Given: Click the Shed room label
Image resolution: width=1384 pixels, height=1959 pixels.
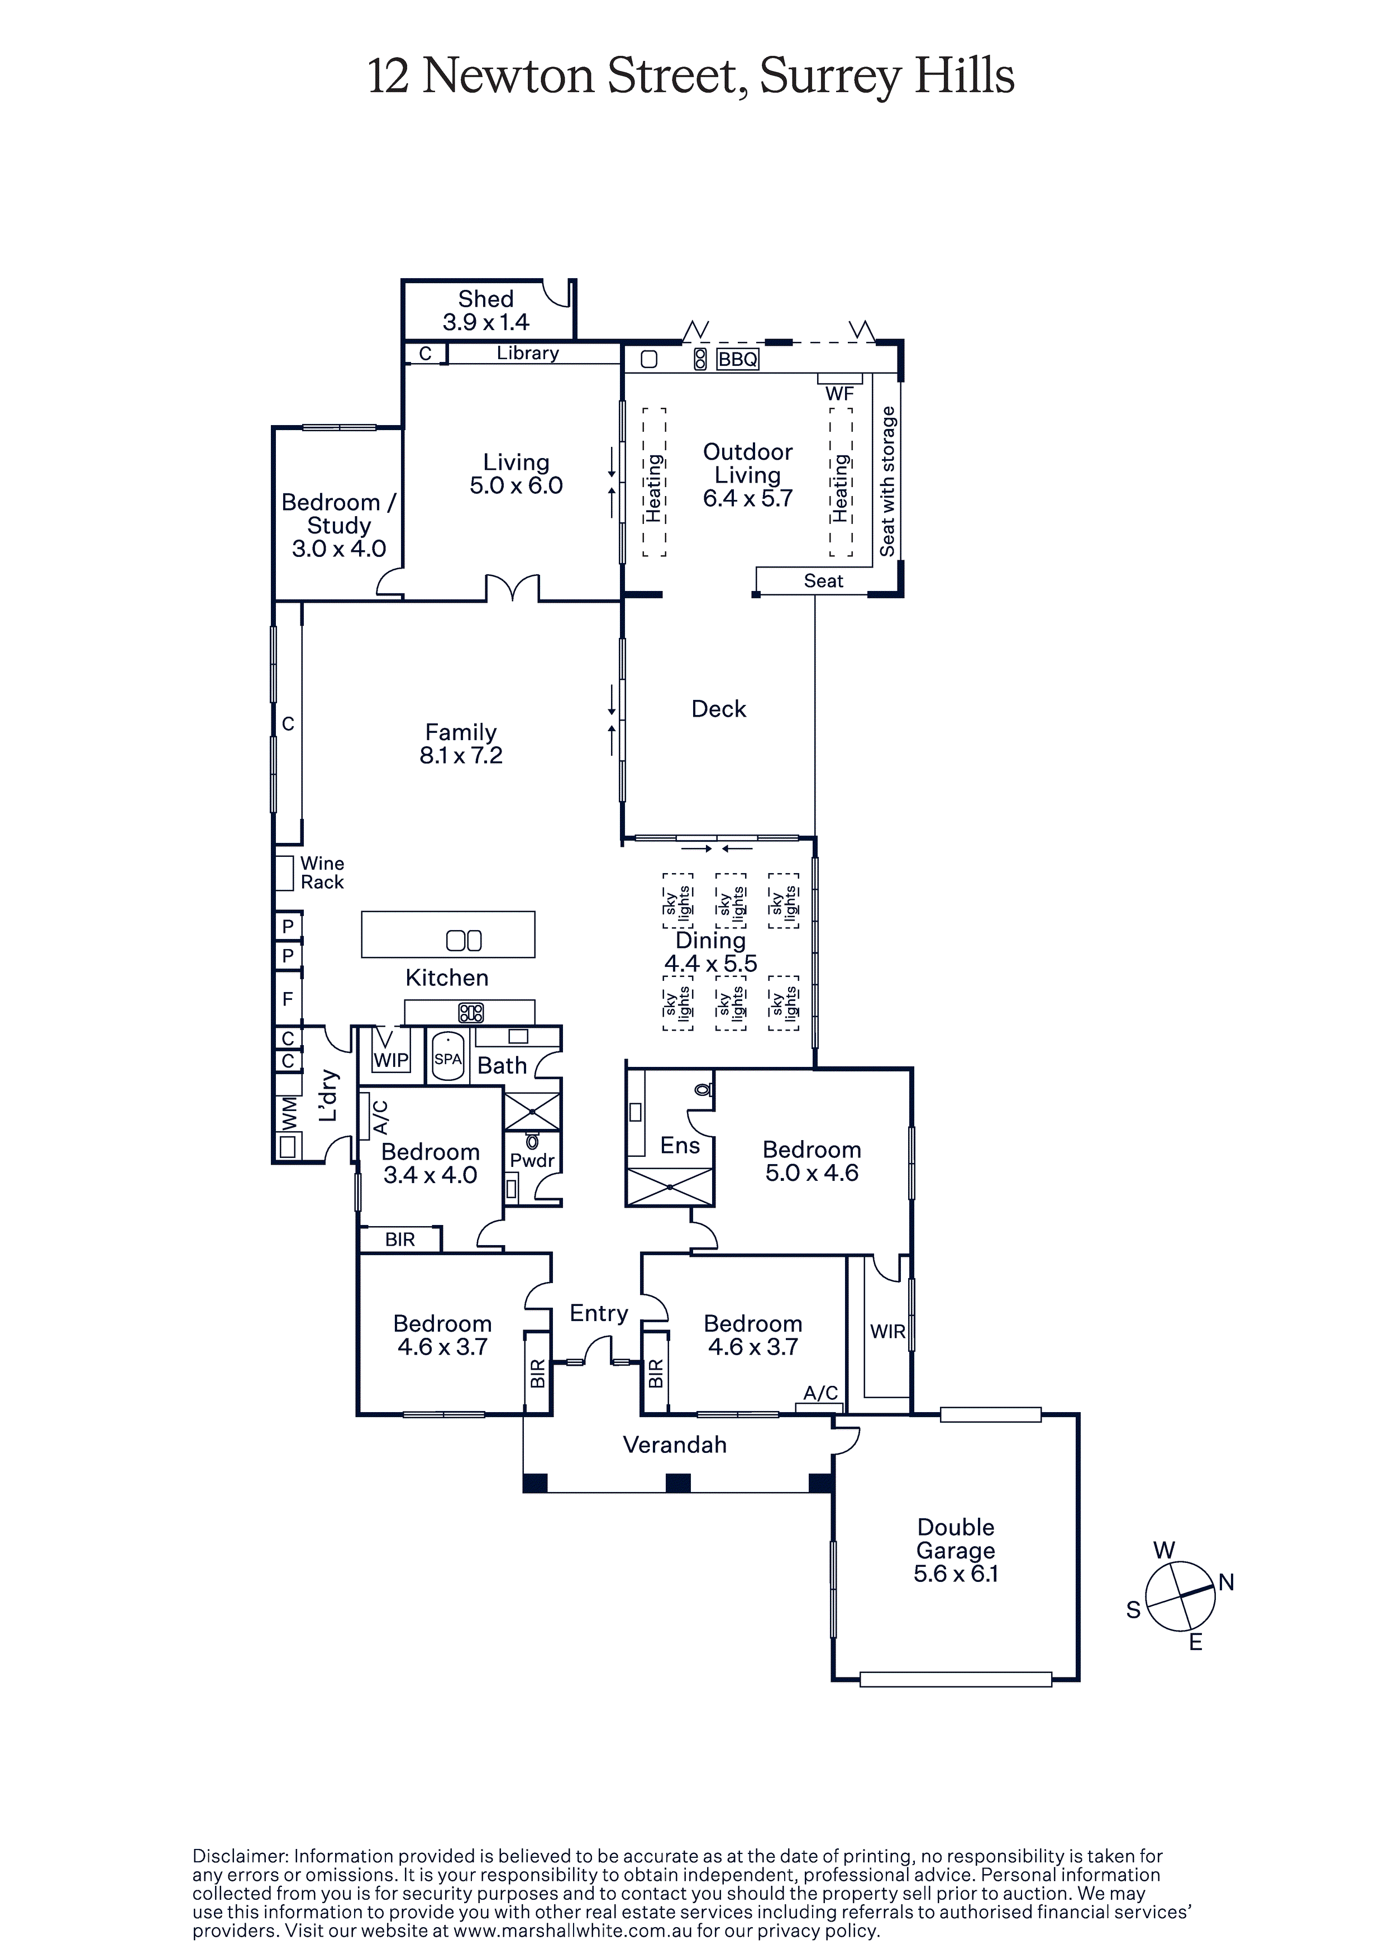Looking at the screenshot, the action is (485, 299).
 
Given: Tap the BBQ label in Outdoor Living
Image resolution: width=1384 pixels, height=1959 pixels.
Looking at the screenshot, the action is (737, 359).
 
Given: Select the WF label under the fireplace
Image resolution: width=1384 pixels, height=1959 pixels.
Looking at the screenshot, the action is (839, 393).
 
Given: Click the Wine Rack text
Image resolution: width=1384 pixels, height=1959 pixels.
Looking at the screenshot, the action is (322, 873).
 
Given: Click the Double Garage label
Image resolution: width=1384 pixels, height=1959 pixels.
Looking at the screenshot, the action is (956, 1538).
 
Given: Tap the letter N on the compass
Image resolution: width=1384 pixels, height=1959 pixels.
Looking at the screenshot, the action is (1226, 1583).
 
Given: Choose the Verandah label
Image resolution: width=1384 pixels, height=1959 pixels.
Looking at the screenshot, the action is (675, 1445).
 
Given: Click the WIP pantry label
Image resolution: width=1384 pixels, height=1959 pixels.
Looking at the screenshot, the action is (391, 1060).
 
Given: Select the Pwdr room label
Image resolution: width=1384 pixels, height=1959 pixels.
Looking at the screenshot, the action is (532, 1160).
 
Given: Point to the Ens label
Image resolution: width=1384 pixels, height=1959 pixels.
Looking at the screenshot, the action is (680, 1146).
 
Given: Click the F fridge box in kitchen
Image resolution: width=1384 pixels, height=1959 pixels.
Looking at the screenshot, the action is (288, 998).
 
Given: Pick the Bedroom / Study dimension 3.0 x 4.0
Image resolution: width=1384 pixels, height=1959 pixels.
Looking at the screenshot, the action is (339, 549).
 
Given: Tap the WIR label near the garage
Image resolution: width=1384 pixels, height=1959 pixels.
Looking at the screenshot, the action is (887, 1331).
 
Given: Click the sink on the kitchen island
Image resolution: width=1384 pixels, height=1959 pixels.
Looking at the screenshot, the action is (464, 940).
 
